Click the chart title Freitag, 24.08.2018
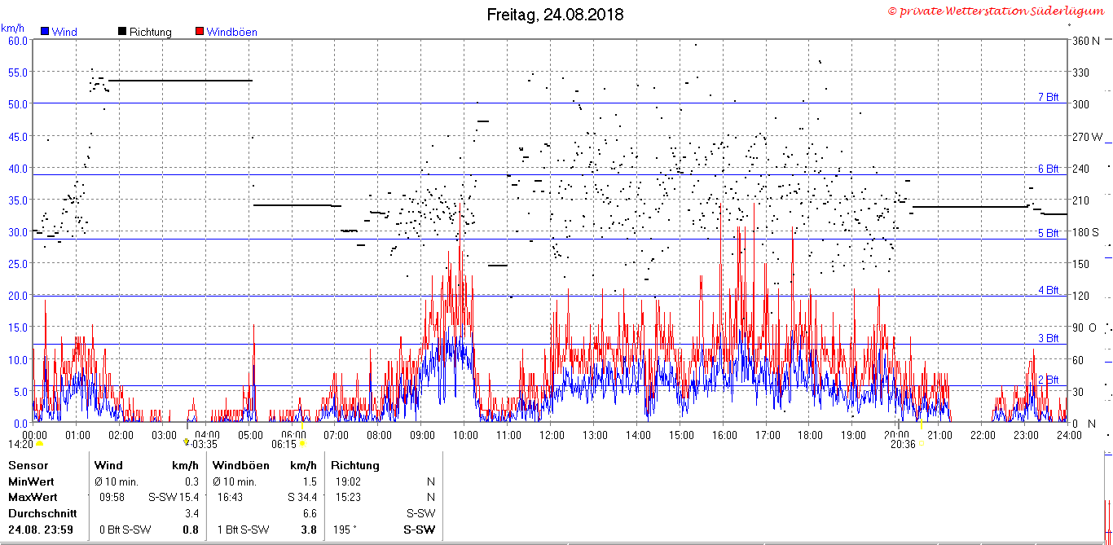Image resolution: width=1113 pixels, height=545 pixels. click(555, 15)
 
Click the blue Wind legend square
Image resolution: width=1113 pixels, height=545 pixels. click(45, 31)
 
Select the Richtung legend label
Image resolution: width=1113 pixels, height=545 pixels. click(151, 32)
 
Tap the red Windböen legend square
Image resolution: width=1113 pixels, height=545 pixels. click(200, 31)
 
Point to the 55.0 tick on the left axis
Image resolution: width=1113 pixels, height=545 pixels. click(18, 73)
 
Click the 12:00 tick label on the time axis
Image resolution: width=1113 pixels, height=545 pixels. click(552, 436)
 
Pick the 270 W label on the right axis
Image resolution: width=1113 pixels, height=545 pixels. click(1087, 137)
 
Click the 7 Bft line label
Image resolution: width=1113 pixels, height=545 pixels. click(1049, 97)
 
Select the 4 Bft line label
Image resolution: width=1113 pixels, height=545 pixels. click(1049, 290)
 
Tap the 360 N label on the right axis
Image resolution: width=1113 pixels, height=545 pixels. click(1085, 41)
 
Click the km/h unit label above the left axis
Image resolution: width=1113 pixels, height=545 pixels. click(12, 28)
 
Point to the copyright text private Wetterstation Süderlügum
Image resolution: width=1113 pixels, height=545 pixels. click(996, 11)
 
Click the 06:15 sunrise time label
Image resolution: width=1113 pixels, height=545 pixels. click(284, 444)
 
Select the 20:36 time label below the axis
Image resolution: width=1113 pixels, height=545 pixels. click(903, 444)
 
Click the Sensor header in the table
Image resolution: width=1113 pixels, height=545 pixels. click(29, 465)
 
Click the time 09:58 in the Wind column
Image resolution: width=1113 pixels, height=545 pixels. click(112, 497)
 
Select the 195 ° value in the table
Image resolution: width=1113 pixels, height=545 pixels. click(345, 530)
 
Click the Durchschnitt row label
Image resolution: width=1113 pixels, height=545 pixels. click(42, 513)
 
